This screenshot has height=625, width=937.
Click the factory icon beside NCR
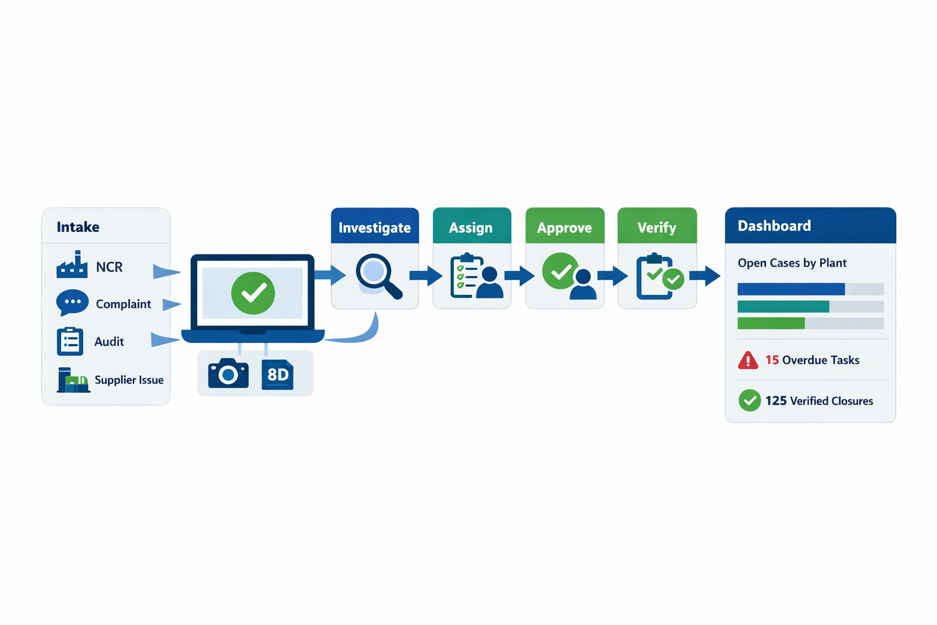pos(72,264)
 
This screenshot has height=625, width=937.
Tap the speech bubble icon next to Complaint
pos(73,302)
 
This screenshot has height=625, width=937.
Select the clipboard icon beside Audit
pos(70,341)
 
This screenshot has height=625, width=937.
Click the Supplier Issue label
pos(129,380)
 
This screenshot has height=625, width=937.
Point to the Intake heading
pos(78,227)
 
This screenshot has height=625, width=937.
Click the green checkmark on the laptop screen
pos(253,293)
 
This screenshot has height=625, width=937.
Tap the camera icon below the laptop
pos(228,373)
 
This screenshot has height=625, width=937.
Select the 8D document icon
pos(278,375)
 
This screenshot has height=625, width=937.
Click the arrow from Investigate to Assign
pos(426,275)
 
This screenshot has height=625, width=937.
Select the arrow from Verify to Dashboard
pos(705,275)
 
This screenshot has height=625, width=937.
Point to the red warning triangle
pos(748,360)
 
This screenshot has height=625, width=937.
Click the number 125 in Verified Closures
pos(776,400)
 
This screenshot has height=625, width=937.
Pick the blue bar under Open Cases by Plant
pos(791,289)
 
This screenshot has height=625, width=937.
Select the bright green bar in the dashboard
pos(771,323)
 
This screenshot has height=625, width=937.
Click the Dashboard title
pos(774,226)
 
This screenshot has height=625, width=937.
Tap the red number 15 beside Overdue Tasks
pos(772,360)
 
